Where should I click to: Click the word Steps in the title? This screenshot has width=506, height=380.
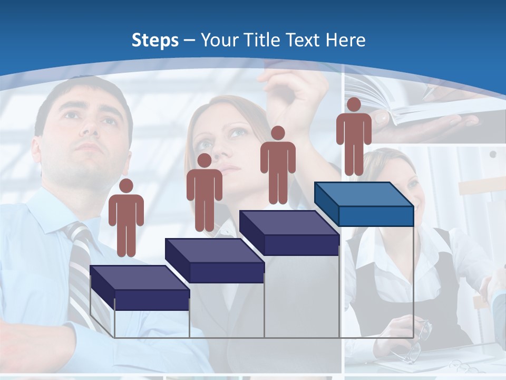[x=155, y=40]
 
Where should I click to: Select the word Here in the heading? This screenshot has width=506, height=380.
[x=345, y=40]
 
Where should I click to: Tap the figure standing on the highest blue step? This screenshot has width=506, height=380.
[x=354, y=136]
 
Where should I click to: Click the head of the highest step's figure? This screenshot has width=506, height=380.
[x=354, y=104]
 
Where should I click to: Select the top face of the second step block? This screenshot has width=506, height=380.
[x=214, y=250]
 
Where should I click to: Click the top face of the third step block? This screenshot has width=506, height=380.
[x=289, y=222]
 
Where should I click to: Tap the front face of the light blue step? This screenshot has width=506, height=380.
[x=376, y=216]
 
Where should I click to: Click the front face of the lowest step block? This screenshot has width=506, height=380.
[x=152, y=300]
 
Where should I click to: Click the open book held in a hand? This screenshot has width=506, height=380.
[x=416, y=108]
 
